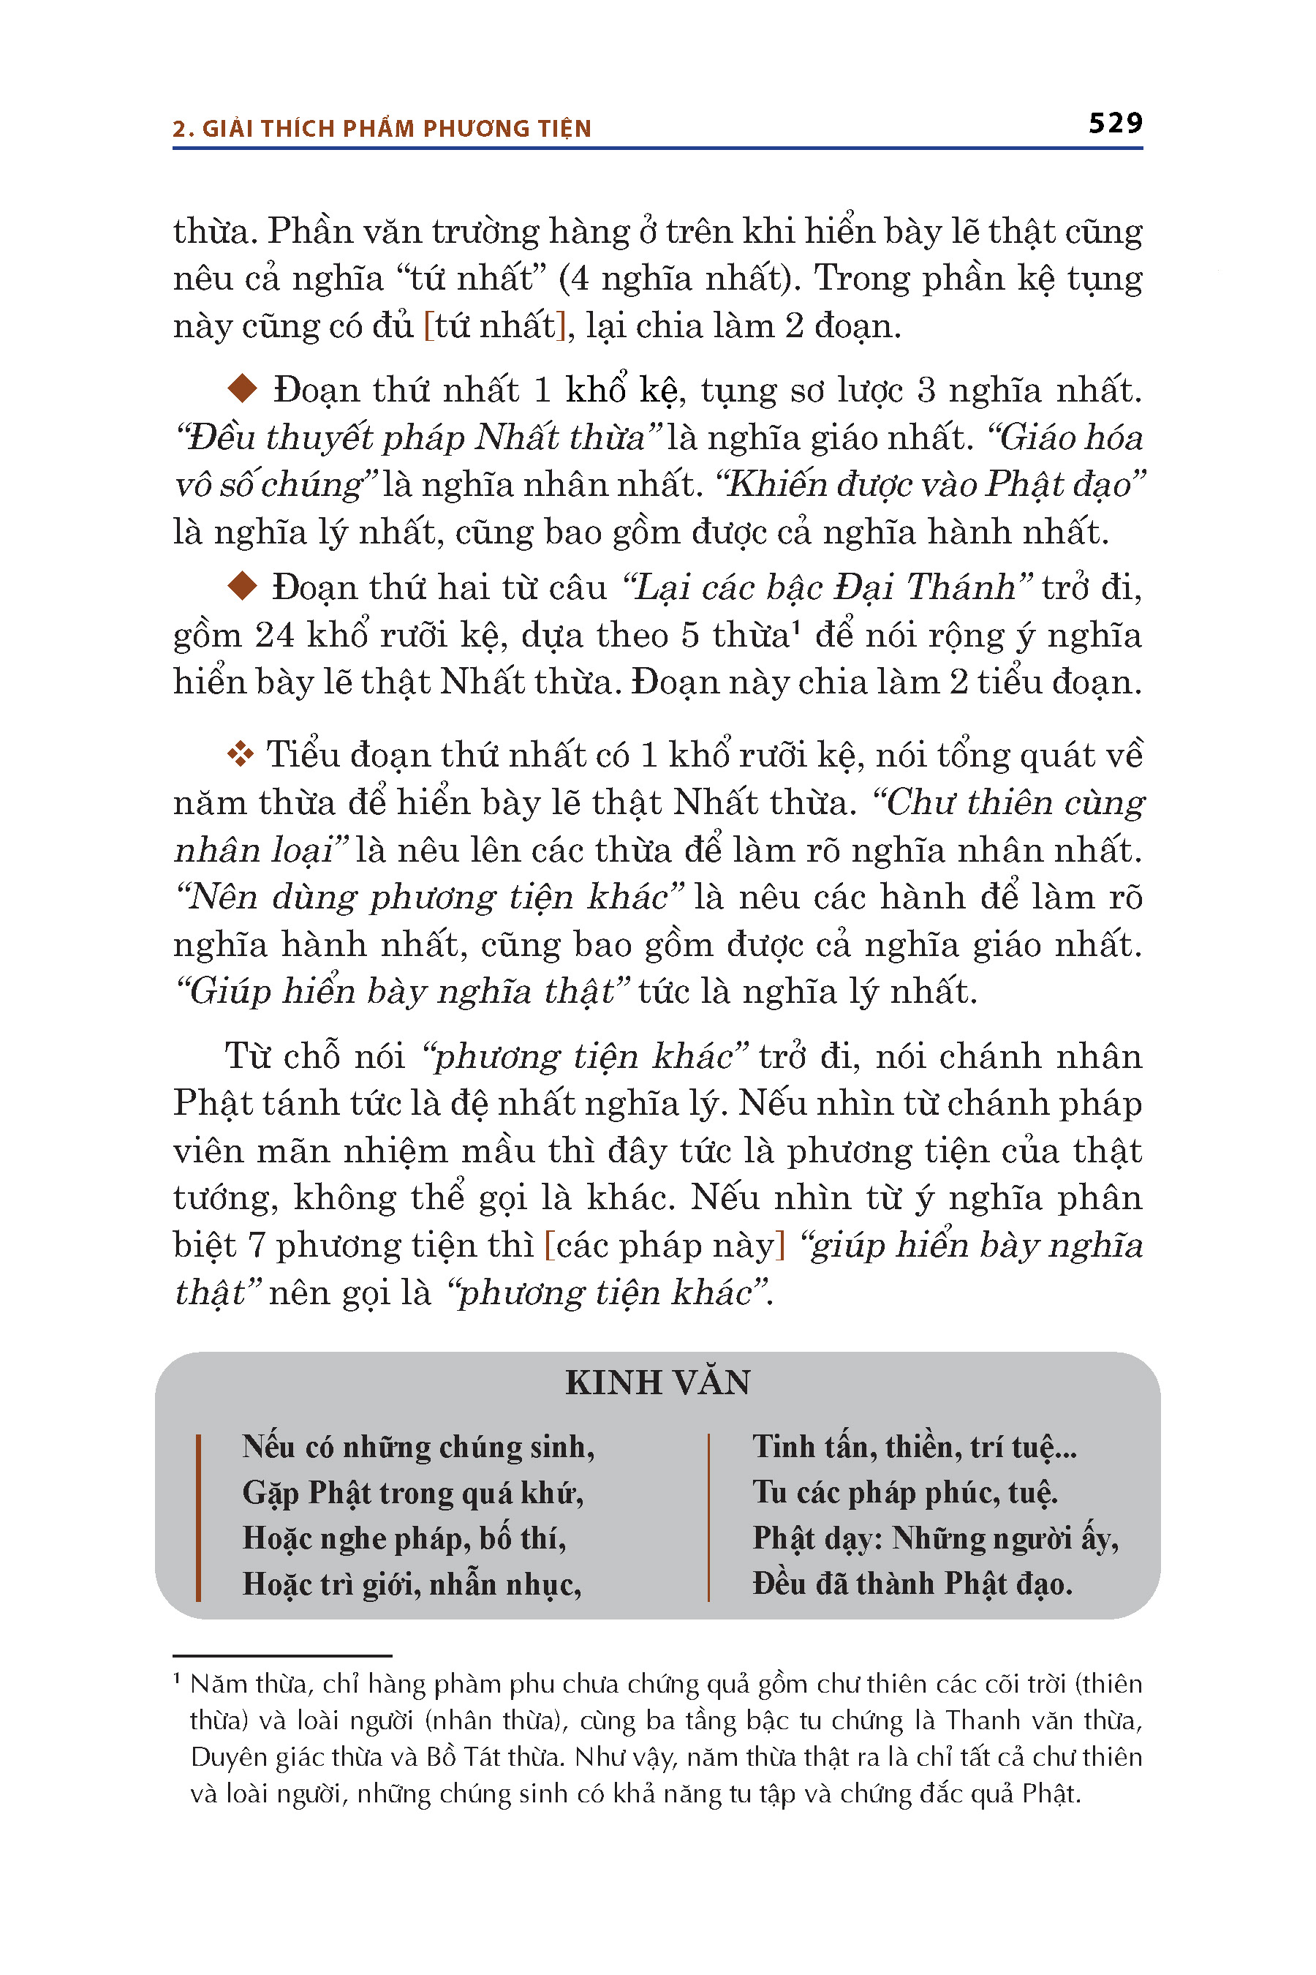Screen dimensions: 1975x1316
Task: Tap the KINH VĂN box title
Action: [657, 1383]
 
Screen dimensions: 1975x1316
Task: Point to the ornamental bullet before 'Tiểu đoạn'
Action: [240, 753]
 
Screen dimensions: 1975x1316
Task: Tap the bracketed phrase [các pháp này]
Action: [664, 1244]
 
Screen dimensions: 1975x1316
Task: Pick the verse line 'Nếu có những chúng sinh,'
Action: [418, 1447]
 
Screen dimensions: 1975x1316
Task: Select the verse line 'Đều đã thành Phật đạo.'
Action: [912, 1583]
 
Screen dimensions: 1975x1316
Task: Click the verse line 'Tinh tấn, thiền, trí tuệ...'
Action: [914, 1447]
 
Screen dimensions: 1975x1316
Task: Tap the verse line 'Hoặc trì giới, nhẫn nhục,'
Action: [411, 1584]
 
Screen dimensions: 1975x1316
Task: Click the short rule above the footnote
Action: [282, 1655]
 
